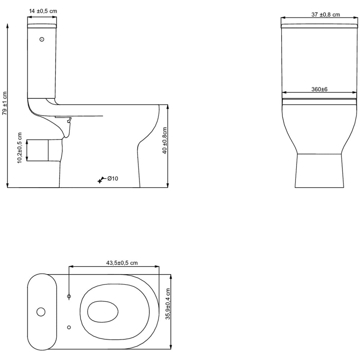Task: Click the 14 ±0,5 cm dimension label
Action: pyautogui.click(x=43, y=11)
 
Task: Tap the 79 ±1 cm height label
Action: pyautogui.click(x=5, y=103)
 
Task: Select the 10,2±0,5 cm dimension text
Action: pyautogui.click(x=20, y=148)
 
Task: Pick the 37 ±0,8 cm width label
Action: pyautogui.click(x=325, y=15)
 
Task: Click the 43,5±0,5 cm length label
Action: pyautogui.click(x=122, y=263)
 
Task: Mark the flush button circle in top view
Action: pyautogui.click(x=41, y=311)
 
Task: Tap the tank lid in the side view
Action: pyautogui.click(x=42, y=26)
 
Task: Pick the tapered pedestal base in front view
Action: pyautogui.click(x=319, y=171)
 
